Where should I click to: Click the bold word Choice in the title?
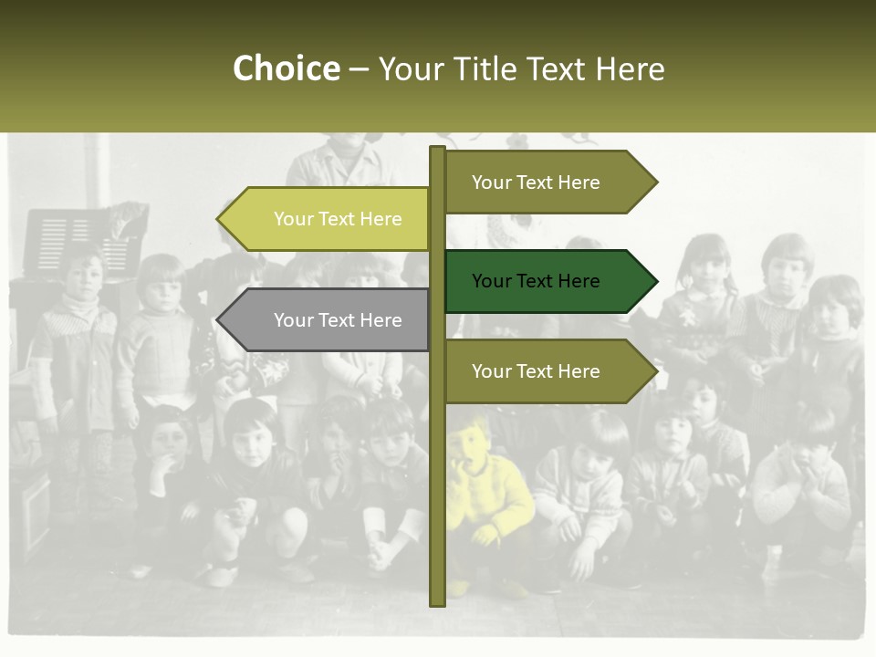coord(286,69)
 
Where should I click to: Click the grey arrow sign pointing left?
coord(328,320)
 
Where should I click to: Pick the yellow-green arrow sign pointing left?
coord(328,219)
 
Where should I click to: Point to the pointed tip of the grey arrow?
coord(219,320)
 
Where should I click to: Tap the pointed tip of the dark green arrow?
coord(655,281)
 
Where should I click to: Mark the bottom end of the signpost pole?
coord(437,602)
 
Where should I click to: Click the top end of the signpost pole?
coord(437,149)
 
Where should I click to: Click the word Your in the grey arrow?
coord(293,320)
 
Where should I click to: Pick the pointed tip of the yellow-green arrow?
coord(219,219)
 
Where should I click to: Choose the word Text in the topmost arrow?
coord(535,182)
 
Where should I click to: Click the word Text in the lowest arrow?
coord(535,371)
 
